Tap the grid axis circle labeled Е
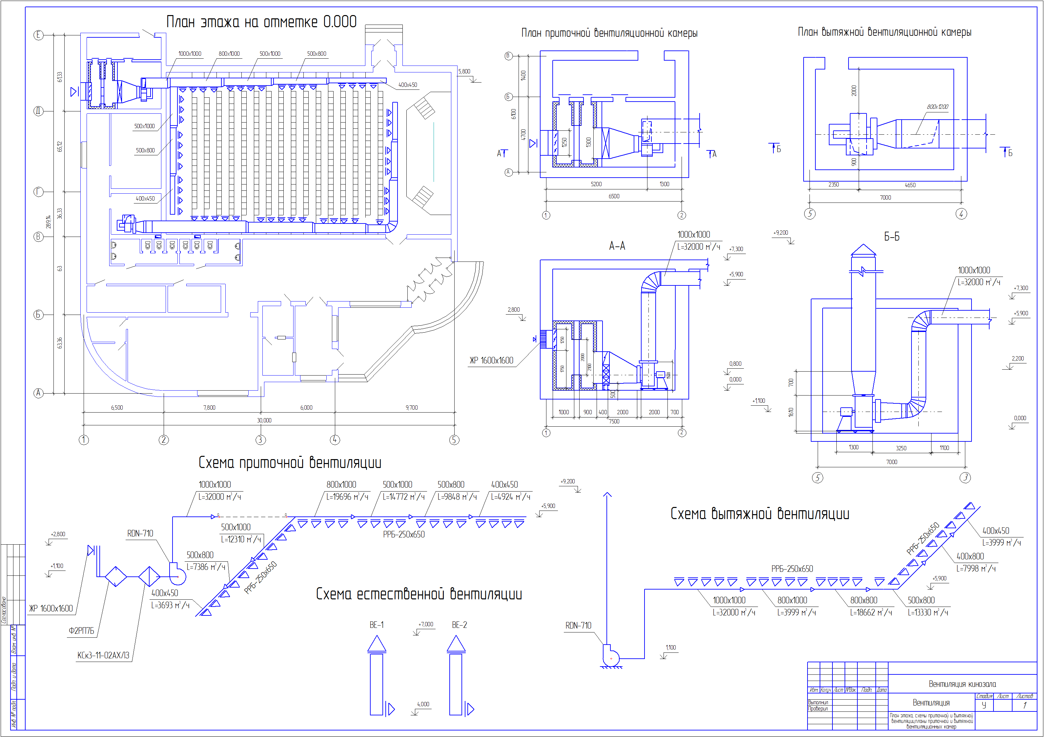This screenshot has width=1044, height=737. [39, 35]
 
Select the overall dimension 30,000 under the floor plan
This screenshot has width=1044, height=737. [264, 420]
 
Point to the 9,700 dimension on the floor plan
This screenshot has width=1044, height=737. [412, 408]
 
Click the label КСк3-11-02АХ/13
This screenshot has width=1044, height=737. [103, 655]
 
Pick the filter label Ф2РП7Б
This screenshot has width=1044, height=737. [81, 631]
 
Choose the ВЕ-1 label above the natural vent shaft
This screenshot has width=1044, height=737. [377, 625]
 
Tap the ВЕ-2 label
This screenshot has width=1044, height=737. [459, 625]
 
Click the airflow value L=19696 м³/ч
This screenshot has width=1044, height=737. [347, 497]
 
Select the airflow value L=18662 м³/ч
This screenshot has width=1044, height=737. [871, 612]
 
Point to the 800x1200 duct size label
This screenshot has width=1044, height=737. [938, 107]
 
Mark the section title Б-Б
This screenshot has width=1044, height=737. [892, 237]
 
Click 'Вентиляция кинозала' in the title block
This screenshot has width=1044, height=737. [962, 684]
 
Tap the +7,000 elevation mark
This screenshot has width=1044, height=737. [426, 624]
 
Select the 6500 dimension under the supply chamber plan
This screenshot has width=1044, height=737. [614, 196]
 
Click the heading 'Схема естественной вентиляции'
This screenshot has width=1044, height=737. [419, 594]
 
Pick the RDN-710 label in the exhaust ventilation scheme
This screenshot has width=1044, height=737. [578, 626]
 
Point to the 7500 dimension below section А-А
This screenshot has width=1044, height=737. [614, 421]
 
